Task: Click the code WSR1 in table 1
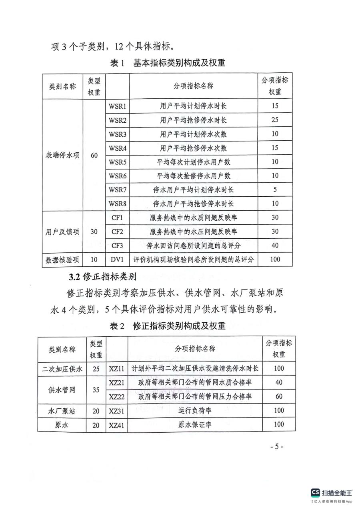click(118, 106)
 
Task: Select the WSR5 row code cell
click(118, 162)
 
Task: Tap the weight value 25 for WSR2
click(275, 120)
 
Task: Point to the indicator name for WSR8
click(194, 204)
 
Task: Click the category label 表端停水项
click(62, 156)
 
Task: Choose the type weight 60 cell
click(94, 156)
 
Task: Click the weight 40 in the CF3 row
click(275, 246)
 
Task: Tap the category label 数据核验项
click(62, 259)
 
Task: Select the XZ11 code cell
click(117, 369)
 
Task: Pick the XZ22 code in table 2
click(117, 396)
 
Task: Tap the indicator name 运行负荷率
click(195, 410)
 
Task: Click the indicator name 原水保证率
click(195, 425)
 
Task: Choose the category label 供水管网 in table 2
click(62, 389)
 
